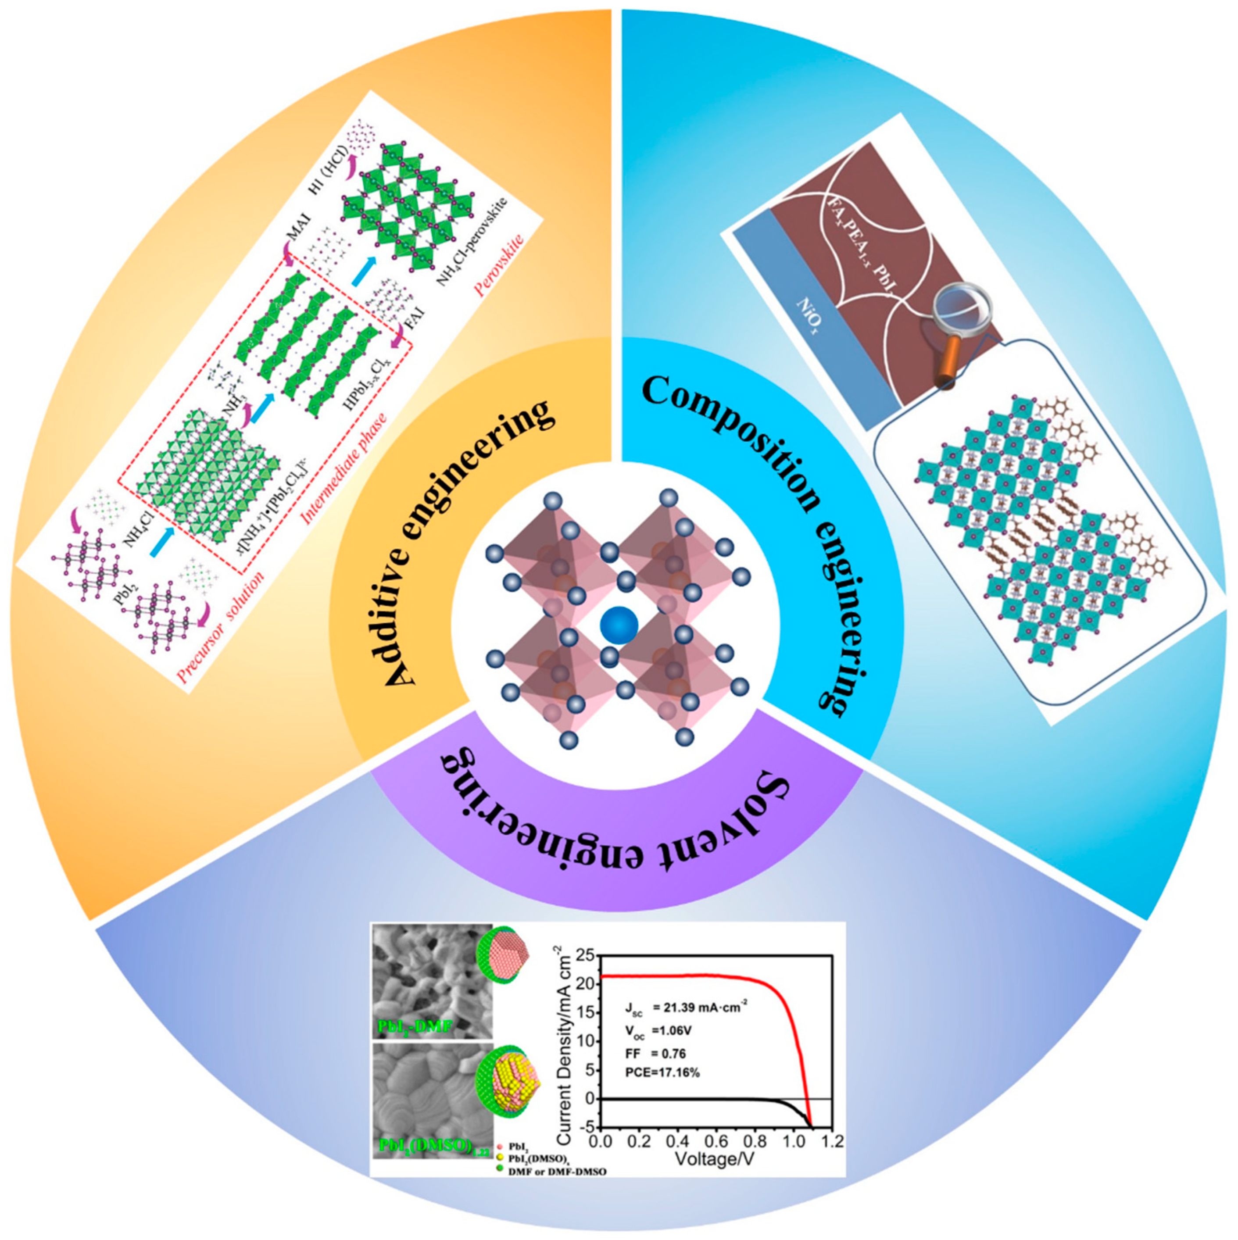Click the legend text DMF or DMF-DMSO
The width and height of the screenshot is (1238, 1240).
(558, 1189)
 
